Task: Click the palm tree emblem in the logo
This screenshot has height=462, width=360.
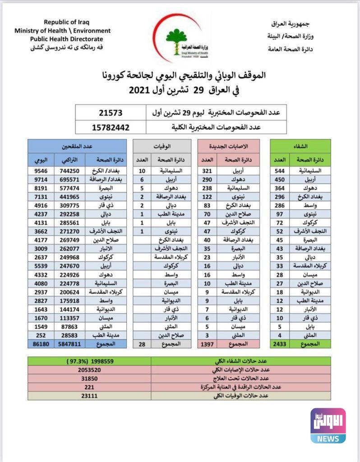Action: (x=173, y=38)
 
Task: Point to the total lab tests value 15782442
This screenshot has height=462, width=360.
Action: (x=111, y=127)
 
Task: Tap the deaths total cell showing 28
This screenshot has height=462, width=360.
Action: (x=142, y=343)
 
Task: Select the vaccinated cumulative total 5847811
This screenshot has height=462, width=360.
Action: (x=67, y=343)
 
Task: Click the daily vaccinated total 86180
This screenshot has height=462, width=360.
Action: (x=40, y=343)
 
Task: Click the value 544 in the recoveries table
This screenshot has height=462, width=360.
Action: (x=280, y=171)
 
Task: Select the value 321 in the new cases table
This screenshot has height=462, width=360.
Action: (x=207, y=171)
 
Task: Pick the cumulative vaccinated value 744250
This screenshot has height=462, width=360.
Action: (x=67, y=171)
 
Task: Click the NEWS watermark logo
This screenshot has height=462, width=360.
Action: (x=328, y=425)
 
